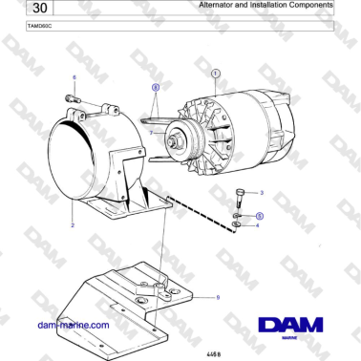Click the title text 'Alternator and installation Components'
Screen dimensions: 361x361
[266, 5]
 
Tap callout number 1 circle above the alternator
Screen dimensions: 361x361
[215, 73]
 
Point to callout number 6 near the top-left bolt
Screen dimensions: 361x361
[74, 76]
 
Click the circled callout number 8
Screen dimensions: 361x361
[156, 86]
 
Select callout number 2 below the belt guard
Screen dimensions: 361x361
[73, 225]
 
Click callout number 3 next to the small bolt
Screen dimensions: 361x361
[262, 194]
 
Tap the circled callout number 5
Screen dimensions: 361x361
[259, 217]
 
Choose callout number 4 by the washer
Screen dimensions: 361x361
[257, 225]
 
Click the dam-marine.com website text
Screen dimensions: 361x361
[73, 325]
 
